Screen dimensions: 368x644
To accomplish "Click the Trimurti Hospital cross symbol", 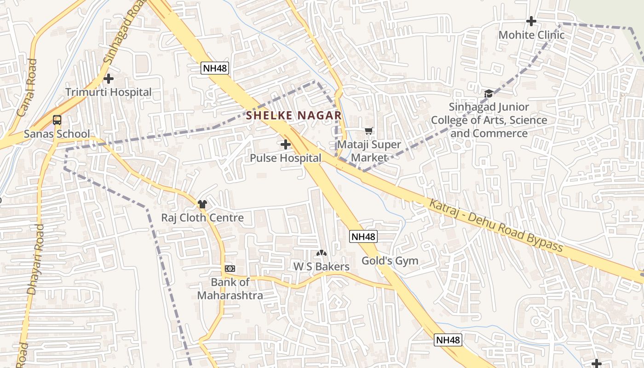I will (109, 79).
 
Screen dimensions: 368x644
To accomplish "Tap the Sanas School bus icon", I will (57, 120).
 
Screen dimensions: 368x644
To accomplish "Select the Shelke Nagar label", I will (294, 115).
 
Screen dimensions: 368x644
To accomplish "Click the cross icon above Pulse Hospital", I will (286, 144).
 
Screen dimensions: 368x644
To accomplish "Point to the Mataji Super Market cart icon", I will (368, 131).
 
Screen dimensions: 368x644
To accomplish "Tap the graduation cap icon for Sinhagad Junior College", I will (489, 93).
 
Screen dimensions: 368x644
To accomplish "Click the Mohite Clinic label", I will (531, 35).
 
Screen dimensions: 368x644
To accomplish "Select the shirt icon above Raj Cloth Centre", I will (202, 204).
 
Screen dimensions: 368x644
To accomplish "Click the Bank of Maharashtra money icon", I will (230, 268).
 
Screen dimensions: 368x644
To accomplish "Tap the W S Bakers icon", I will (322, 253).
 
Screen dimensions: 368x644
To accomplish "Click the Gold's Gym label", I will (390, 261).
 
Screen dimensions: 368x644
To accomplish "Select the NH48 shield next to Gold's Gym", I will (363, 236).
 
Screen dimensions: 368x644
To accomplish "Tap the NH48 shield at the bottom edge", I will (448, 340).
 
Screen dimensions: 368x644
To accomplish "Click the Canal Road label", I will (26, 87).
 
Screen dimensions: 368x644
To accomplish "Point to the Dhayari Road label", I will (35, 259).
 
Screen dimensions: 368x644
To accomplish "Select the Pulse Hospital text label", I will (286, 158).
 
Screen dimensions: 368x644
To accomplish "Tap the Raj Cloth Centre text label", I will (202, 218).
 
